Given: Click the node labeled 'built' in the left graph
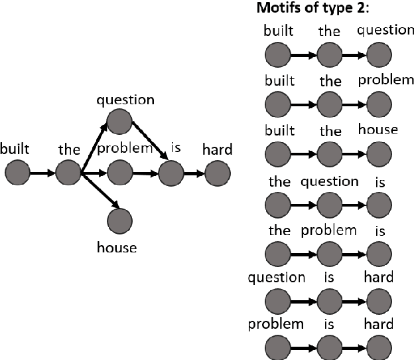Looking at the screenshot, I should click(x=18, y=174).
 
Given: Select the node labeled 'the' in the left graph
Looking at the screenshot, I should click(x=68, y=174).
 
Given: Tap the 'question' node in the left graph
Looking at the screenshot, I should click(x=119, y=121).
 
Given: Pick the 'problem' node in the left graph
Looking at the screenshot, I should click(x=119, y=174).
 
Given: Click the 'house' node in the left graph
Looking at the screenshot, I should click(x=119, y=219).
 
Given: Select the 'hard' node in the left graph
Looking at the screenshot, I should click(x=218, y=175).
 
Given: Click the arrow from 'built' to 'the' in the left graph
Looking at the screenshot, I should click(x=43, y=174).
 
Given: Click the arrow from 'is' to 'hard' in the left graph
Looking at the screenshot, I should click(x=193, y=175).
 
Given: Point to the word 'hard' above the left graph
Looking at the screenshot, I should click(x=218, y=150).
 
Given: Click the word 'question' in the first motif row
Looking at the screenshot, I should click(x=385, y=29).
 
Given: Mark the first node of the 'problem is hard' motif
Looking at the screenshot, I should click(x=277, y=347).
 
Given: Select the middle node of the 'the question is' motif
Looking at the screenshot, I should click(x=329, y=204).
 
